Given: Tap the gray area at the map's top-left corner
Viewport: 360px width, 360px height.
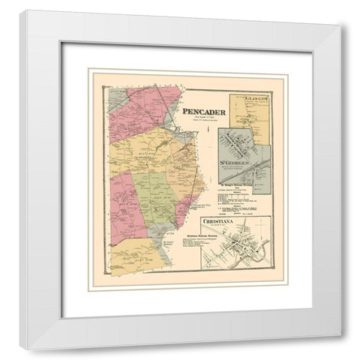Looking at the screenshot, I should pyautogui.click(x=118, y=97).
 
